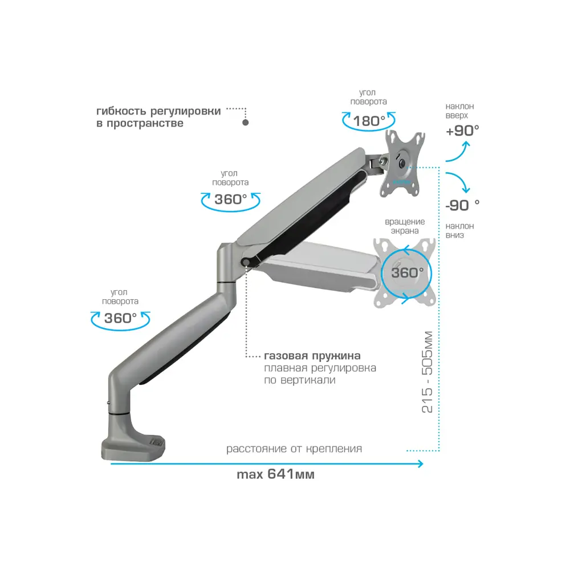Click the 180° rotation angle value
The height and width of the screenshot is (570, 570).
pos(369,121)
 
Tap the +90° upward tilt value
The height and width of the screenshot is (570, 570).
pos(462,131)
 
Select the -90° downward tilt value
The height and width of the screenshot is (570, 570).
pos(462,205)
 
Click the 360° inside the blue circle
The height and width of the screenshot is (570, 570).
pos(407,272)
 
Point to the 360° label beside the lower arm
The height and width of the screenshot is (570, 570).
pos(120,318)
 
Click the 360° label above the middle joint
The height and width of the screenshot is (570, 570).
pos(230,199)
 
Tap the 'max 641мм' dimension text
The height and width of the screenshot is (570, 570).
pos(275,474)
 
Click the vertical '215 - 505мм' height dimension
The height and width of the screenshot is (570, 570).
pos(427,372)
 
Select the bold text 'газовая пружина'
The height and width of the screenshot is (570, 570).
pos(312,356)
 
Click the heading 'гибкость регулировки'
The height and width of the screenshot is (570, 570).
pos(158,111)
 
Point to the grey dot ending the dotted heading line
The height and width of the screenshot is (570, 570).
pos(246,123)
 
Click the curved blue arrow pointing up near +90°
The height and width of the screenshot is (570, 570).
pos(459,153)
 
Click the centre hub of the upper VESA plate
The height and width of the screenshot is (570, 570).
pos(401,164)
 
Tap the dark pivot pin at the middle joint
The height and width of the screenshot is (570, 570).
pos(246,262)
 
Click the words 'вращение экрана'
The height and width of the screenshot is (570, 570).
pos(405,226)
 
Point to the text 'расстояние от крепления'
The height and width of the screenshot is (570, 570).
pos(294,449)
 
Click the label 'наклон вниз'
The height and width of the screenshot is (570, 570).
pos(459,230)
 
